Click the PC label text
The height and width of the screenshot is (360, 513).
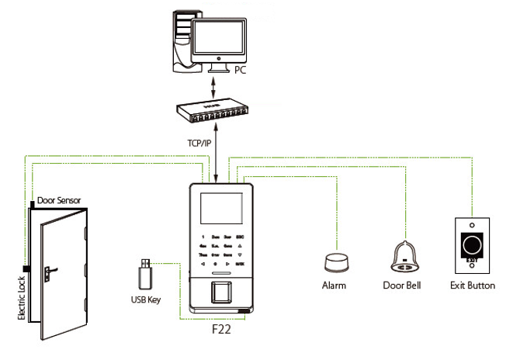point(241,70)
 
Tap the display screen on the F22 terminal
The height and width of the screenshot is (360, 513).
point(223,206)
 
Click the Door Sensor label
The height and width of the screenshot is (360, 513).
point(59,200)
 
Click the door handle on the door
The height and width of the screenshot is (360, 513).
point(49,272)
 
